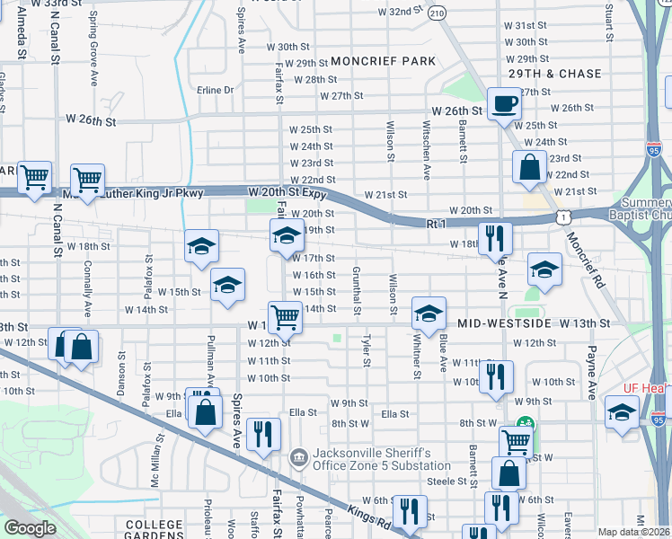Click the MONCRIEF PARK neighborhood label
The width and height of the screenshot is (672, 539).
383,61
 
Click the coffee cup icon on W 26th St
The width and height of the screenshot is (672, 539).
504,102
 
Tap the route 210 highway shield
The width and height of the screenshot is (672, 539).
437,13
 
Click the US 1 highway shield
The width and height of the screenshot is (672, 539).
562,216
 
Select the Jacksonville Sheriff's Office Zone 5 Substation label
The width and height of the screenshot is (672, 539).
382,459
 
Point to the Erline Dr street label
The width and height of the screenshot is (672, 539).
216,90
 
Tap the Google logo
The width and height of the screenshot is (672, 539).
29,528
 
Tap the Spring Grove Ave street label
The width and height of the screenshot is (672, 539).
93,42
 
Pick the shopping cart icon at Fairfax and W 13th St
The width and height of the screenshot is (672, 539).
285,315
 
